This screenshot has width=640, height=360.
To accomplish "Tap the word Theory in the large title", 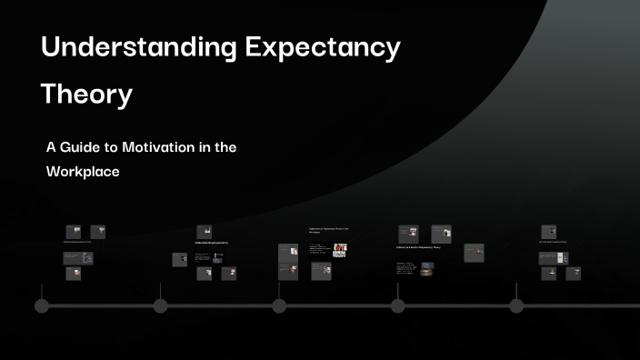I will [86, 93].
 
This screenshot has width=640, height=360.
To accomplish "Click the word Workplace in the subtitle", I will [83, 170].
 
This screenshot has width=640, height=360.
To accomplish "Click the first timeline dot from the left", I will [42, 305].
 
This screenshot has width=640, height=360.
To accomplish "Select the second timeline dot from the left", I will [161, 305].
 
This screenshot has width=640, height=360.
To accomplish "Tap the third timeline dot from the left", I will [279, 305].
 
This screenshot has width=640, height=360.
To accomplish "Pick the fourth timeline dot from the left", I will [397, 305].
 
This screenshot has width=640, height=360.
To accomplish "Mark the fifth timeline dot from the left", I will [516, 305].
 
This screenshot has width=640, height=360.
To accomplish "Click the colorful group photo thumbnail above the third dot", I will [339, 250].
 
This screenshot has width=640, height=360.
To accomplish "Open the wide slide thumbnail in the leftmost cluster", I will [78, 258].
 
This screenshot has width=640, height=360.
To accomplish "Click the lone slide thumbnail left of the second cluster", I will [179, 259].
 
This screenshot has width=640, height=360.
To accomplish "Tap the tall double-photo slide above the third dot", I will [288, 262].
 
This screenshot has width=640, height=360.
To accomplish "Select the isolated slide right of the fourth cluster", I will [474, 253].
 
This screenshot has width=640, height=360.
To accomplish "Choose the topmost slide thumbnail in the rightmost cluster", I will [548, 232].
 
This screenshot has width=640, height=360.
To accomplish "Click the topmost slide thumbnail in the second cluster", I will [205, 232].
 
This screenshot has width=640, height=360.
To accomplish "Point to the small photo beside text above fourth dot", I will [427, 266].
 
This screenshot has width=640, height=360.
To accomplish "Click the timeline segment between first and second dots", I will [101, 305].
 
